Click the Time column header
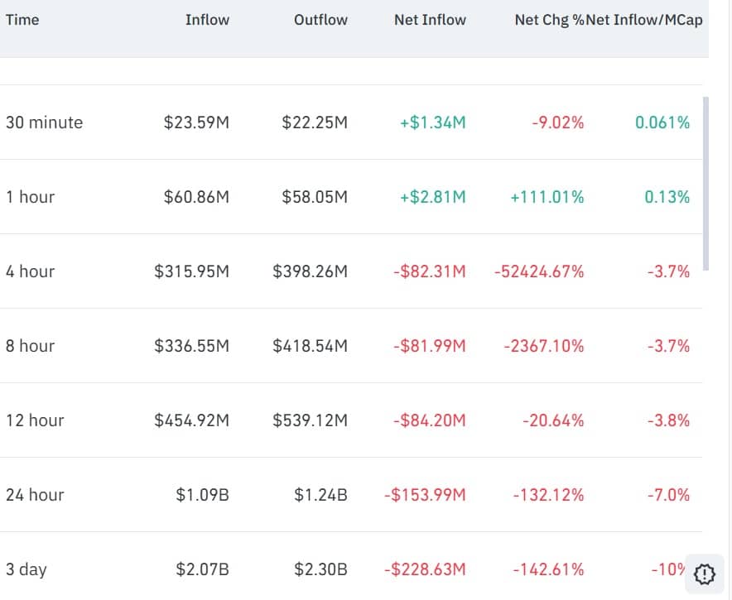(x=22, y=20)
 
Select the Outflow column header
(x=320, y=20)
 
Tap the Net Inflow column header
(x=430, y=20)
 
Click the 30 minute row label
(x=44, y=122)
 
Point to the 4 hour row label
(x=30, y=271)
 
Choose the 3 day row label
(x=26, y=569)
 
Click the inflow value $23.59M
(x=196, y=122)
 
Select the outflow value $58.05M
(x=315, y=197)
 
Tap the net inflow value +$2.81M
(x=432, y=197)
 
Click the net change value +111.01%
(x=547, y=197)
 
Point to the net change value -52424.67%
(x=539, y=271)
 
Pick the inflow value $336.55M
(x=191, y=346)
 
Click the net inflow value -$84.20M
(x=429, y=420)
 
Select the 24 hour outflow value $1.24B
(x=320, y=495)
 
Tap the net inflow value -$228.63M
(x=425, y=569)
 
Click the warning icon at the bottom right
(x=704, y=572)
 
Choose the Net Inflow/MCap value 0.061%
(x=662, y=122)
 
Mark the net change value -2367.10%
(x=543, y=346)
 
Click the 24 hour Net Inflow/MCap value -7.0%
(x=668, y=495)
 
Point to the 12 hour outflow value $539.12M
(x=310, y=420)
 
